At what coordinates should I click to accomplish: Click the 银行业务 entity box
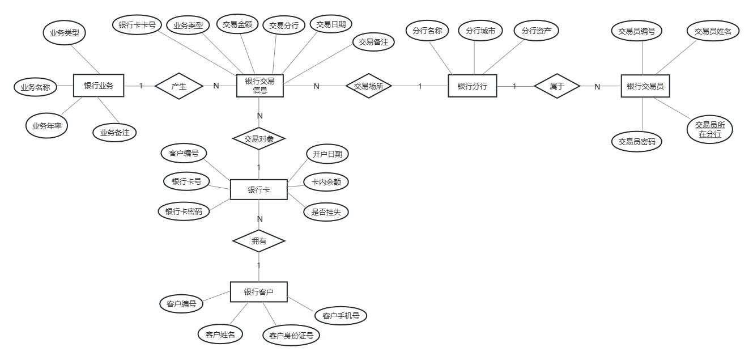[x=99, y=86]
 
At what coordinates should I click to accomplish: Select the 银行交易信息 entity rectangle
[x=259, y=86]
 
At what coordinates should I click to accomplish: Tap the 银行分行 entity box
[x=472, y=86]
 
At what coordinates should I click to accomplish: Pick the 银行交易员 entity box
[x=645, y=86]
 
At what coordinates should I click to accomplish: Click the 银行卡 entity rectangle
[x=258, y=190]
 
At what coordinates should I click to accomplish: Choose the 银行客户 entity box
[x=258, y=293]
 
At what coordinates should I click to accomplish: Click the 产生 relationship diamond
[x=179, y=86]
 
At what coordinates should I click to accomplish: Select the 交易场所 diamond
[x=368, y=86]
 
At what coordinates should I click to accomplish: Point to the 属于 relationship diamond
[x=557, y=86]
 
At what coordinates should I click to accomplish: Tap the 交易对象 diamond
[x=259, y=138]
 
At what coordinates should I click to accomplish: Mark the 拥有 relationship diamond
[x=259, y=241]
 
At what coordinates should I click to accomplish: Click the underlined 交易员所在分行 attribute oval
[x=710, y=129]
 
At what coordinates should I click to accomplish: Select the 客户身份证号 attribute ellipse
[x=291, y=336]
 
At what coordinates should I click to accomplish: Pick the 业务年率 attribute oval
[x=46, y=126]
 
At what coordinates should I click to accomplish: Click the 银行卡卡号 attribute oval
[x=138, y=25]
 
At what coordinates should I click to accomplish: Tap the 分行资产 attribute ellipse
[x=536, y=31]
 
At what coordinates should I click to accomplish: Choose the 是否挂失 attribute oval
[x=326, y=212]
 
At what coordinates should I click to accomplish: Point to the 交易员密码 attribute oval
[x=637, y=142]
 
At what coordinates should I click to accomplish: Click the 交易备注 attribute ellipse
[x=373, y=42]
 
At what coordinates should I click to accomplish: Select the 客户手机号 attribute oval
[x=341, y=316]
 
